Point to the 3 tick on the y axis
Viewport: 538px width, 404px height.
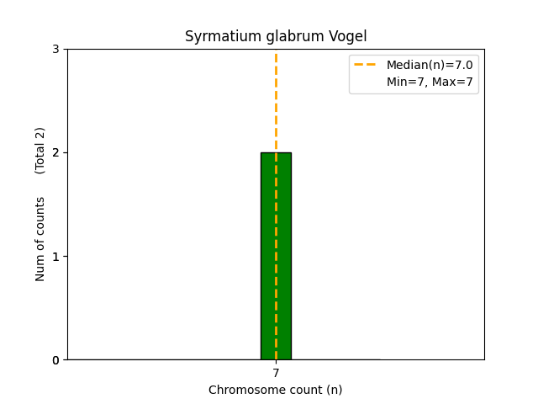(x=55, y=49)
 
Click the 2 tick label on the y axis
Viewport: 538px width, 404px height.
(x=55, y=152)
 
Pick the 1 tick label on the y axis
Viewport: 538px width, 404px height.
(x=55, y=256)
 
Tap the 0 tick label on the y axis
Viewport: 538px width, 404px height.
(x=55, y=360)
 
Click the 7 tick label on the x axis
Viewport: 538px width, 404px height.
(x=276, y=373)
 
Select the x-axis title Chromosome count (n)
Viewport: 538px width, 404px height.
(x=276, y=390)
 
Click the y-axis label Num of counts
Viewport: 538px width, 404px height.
(x=40, y=239)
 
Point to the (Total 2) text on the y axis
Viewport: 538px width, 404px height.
(x=40, y=151)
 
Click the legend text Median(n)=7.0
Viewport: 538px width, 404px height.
(x=430, y=65)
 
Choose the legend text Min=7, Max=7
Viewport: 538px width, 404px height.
(x=430, y=82)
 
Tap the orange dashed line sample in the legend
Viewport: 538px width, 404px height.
(x=366, y=65)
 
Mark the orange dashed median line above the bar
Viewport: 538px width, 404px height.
(x=276, y=101)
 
